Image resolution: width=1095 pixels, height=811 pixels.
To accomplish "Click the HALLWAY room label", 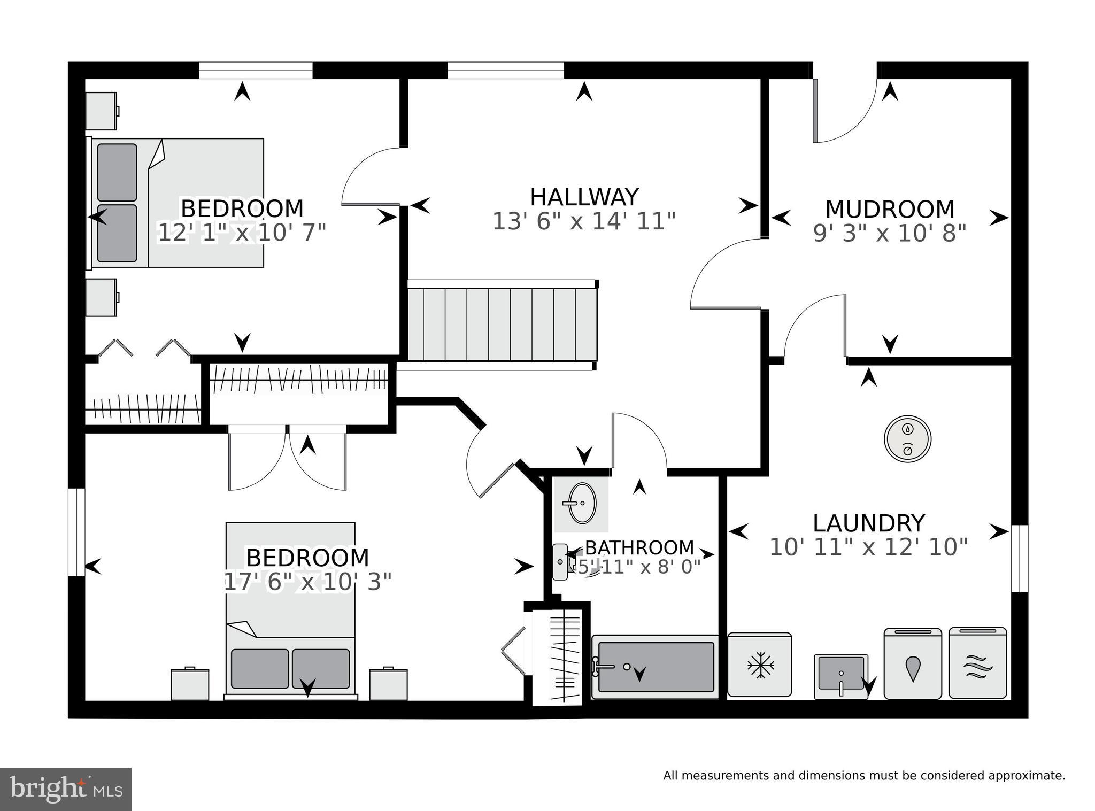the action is click(x=584, y=197).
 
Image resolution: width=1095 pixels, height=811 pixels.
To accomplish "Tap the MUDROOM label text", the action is click(x=890, y=209).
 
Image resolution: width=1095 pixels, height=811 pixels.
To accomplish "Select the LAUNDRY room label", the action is click(x=869, y=523).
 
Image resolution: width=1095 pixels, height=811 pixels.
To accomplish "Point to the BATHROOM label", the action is click(x=639, y=547).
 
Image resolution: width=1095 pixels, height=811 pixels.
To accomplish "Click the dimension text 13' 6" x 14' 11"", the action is click(x=584, y=221).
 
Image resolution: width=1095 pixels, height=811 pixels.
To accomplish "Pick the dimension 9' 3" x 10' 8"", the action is click(x=890, y=233).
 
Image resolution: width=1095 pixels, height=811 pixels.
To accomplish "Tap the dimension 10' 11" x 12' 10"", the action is click(x=869, y=547).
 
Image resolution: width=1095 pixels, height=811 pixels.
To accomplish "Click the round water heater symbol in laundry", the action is click(x=907, y=439).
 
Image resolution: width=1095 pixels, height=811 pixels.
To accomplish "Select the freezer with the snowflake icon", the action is click(x=759, y=665).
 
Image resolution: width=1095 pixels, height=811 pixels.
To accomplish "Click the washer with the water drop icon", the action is click(x=913, y=663).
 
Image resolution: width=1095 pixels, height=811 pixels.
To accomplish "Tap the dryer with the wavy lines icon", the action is click(x=978, y=663).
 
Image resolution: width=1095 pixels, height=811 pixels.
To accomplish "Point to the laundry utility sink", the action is click(x=841, y=677).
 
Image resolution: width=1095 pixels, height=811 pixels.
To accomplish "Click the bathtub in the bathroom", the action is click(x=655, y=667).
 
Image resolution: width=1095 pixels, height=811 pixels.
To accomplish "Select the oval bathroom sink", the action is click(x=582, y=503).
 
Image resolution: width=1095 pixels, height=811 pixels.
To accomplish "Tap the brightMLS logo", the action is click(x=66, y=790).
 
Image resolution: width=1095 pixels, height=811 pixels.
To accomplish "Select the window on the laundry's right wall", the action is click(x=1020, y=559).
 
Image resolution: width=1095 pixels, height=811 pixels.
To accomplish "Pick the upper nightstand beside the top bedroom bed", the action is click(x=102, y=111).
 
